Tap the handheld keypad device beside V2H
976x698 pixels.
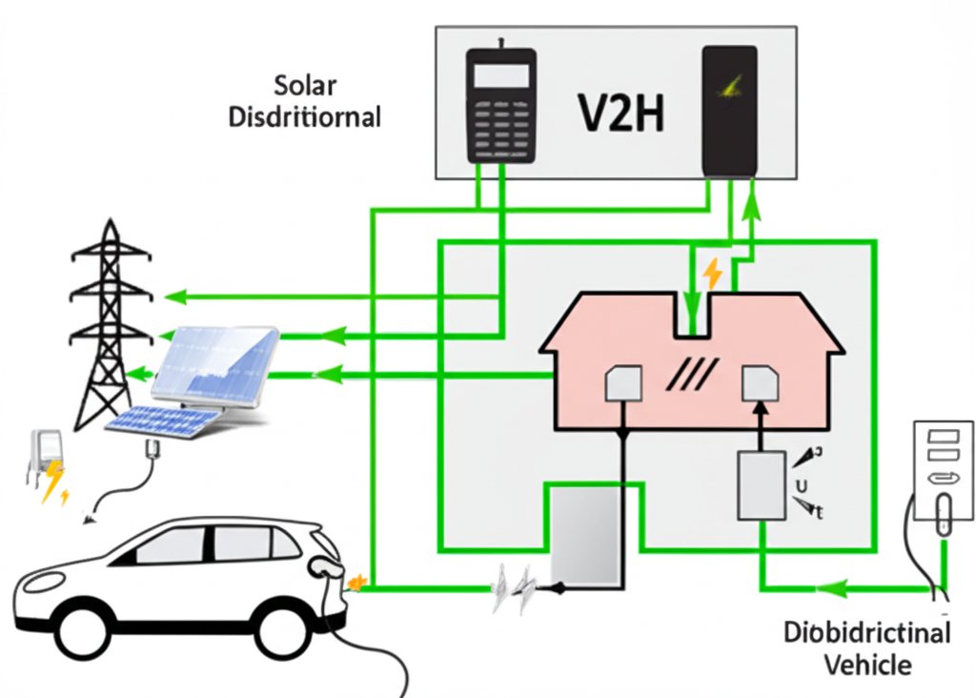(500, 105)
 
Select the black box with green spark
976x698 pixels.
(729, 111)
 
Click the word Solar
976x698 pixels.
(305, 85)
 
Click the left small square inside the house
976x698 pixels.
(623, 384)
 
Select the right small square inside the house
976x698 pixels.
(761, 383)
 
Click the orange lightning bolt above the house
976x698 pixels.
(712, 275)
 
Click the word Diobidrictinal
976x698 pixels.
(866, 633)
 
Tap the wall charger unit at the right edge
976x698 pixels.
(942, 472)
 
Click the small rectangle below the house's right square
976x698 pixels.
(760, 485)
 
